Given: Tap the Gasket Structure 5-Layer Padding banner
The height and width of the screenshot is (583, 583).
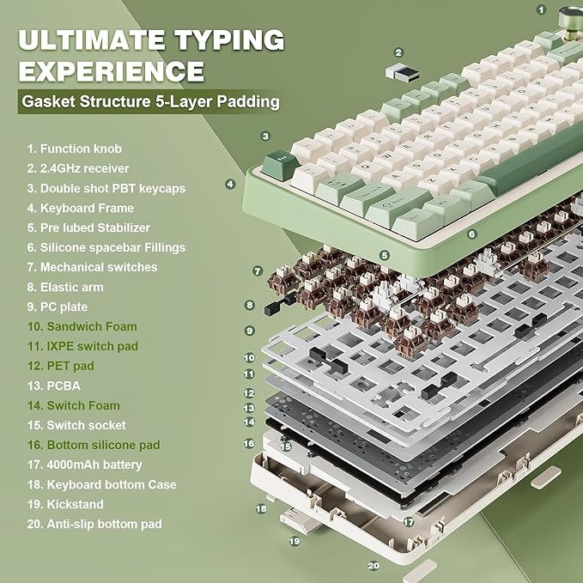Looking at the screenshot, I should [x=151, y=102].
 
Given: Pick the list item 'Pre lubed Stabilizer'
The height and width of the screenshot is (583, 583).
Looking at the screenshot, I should [x=88, y=228].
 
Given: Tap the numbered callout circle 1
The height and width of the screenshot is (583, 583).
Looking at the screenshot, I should [x=541, y=9].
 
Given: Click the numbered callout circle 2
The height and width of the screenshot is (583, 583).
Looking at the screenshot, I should [x=398, y=52].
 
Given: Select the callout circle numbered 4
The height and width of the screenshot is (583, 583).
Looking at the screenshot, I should [x=230, y=183].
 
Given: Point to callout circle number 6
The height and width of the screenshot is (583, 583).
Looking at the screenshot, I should [x=471, y=234].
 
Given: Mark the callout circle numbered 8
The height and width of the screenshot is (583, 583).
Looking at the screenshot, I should [x=249, y=305].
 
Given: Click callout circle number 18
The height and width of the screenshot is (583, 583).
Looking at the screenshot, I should [x=261, y=508].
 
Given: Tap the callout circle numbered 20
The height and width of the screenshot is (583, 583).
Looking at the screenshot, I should [x=373, y=566].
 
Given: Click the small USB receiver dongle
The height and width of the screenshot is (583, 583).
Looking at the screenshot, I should [x=408, y=74].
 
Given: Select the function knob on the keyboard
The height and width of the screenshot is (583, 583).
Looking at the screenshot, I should [x=568, y=17].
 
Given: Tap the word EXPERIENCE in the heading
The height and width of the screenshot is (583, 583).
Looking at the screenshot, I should [x=111, y=69].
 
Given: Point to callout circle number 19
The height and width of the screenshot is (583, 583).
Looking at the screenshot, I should [x=295, y=542].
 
